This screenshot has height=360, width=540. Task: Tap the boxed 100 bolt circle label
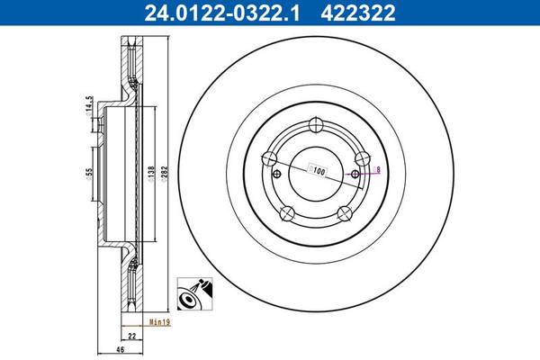[318, 168]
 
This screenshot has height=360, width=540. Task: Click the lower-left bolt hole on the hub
[287, 212]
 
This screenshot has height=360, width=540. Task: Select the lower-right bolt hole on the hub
[343, 212]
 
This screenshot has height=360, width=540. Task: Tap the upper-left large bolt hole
[267, 159]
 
